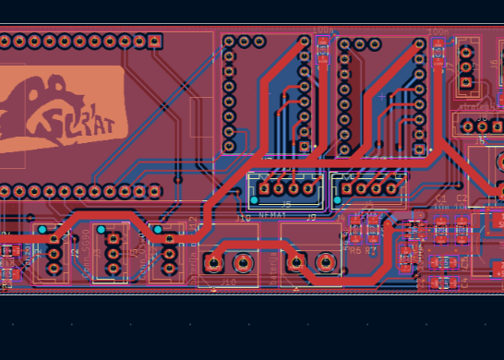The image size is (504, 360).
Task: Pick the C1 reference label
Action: (x=440, y=198)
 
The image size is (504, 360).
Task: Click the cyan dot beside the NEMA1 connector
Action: (x=255, y=199)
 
